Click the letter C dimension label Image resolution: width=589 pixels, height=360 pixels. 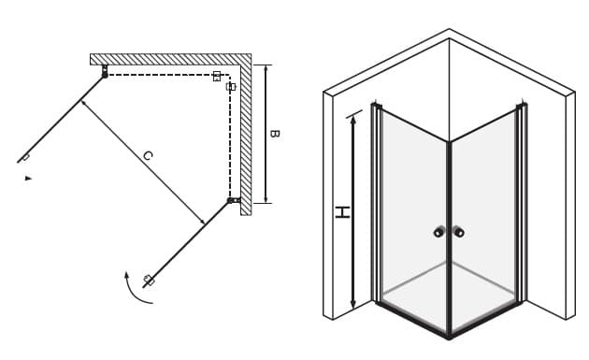(x=148, y=155)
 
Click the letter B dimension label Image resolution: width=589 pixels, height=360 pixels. (x=275, y=134)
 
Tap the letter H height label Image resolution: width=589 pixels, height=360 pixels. (x=342, y=212)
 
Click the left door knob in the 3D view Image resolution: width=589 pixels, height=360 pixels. (x=438, y=232)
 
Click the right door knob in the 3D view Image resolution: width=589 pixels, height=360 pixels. (x=459, y=232)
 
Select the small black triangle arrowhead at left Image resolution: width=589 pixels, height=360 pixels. (x=28, y=178)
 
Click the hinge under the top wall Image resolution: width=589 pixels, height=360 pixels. (x=105, y=71)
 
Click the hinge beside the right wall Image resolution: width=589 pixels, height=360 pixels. (x=234, y=200)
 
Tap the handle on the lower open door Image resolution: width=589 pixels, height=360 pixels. (x=150, y=280)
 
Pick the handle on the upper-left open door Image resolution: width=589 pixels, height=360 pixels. (x=25, y=157)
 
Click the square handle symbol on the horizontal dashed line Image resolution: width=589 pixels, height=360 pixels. (x=216, y=77)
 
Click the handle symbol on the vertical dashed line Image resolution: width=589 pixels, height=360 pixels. (x=231, y=87)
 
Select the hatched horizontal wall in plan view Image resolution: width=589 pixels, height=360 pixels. (x=170, y=59)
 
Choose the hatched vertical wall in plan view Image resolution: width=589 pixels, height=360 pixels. (x=246, y=135)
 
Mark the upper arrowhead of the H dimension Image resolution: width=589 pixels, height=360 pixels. (x=353, y=120)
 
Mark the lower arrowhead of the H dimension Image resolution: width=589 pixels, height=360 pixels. (x=353, y=305)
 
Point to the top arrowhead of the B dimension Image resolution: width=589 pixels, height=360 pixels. (x=266, y=68)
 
